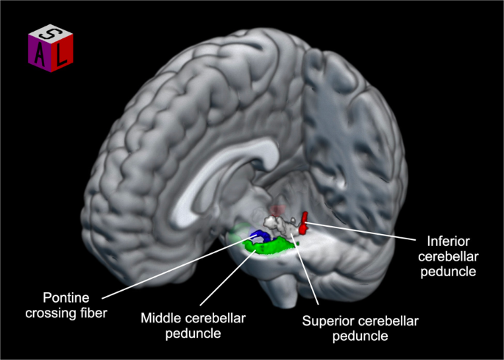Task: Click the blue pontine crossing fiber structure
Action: point(258,236)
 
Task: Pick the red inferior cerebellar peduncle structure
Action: point(303,223)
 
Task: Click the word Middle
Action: point(160,318)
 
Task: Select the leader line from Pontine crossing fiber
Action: point(177,269)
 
